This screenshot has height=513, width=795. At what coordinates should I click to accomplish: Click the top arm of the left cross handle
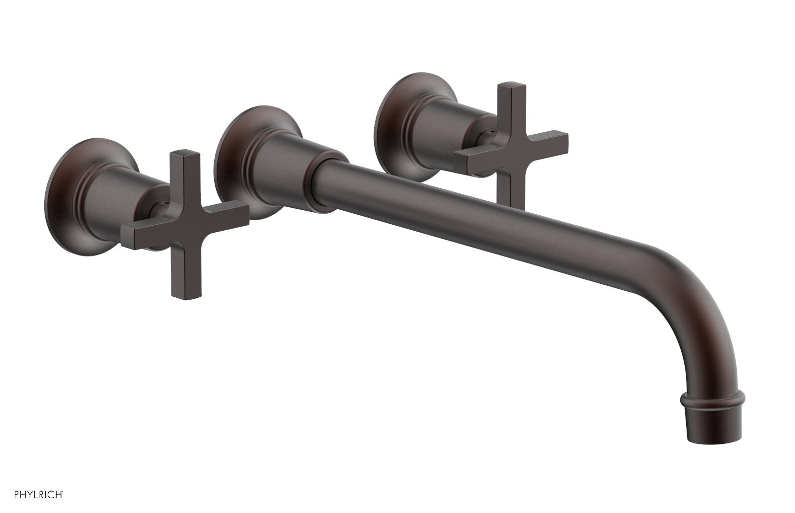pyautogui.click(x=177, y=169)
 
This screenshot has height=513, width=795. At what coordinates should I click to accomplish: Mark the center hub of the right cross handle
pyautogui.click(x=507, y=149)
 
